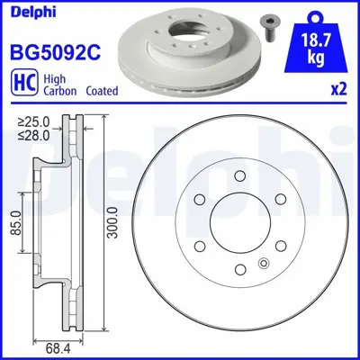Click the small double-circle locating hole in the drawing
tap(263, 263)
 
